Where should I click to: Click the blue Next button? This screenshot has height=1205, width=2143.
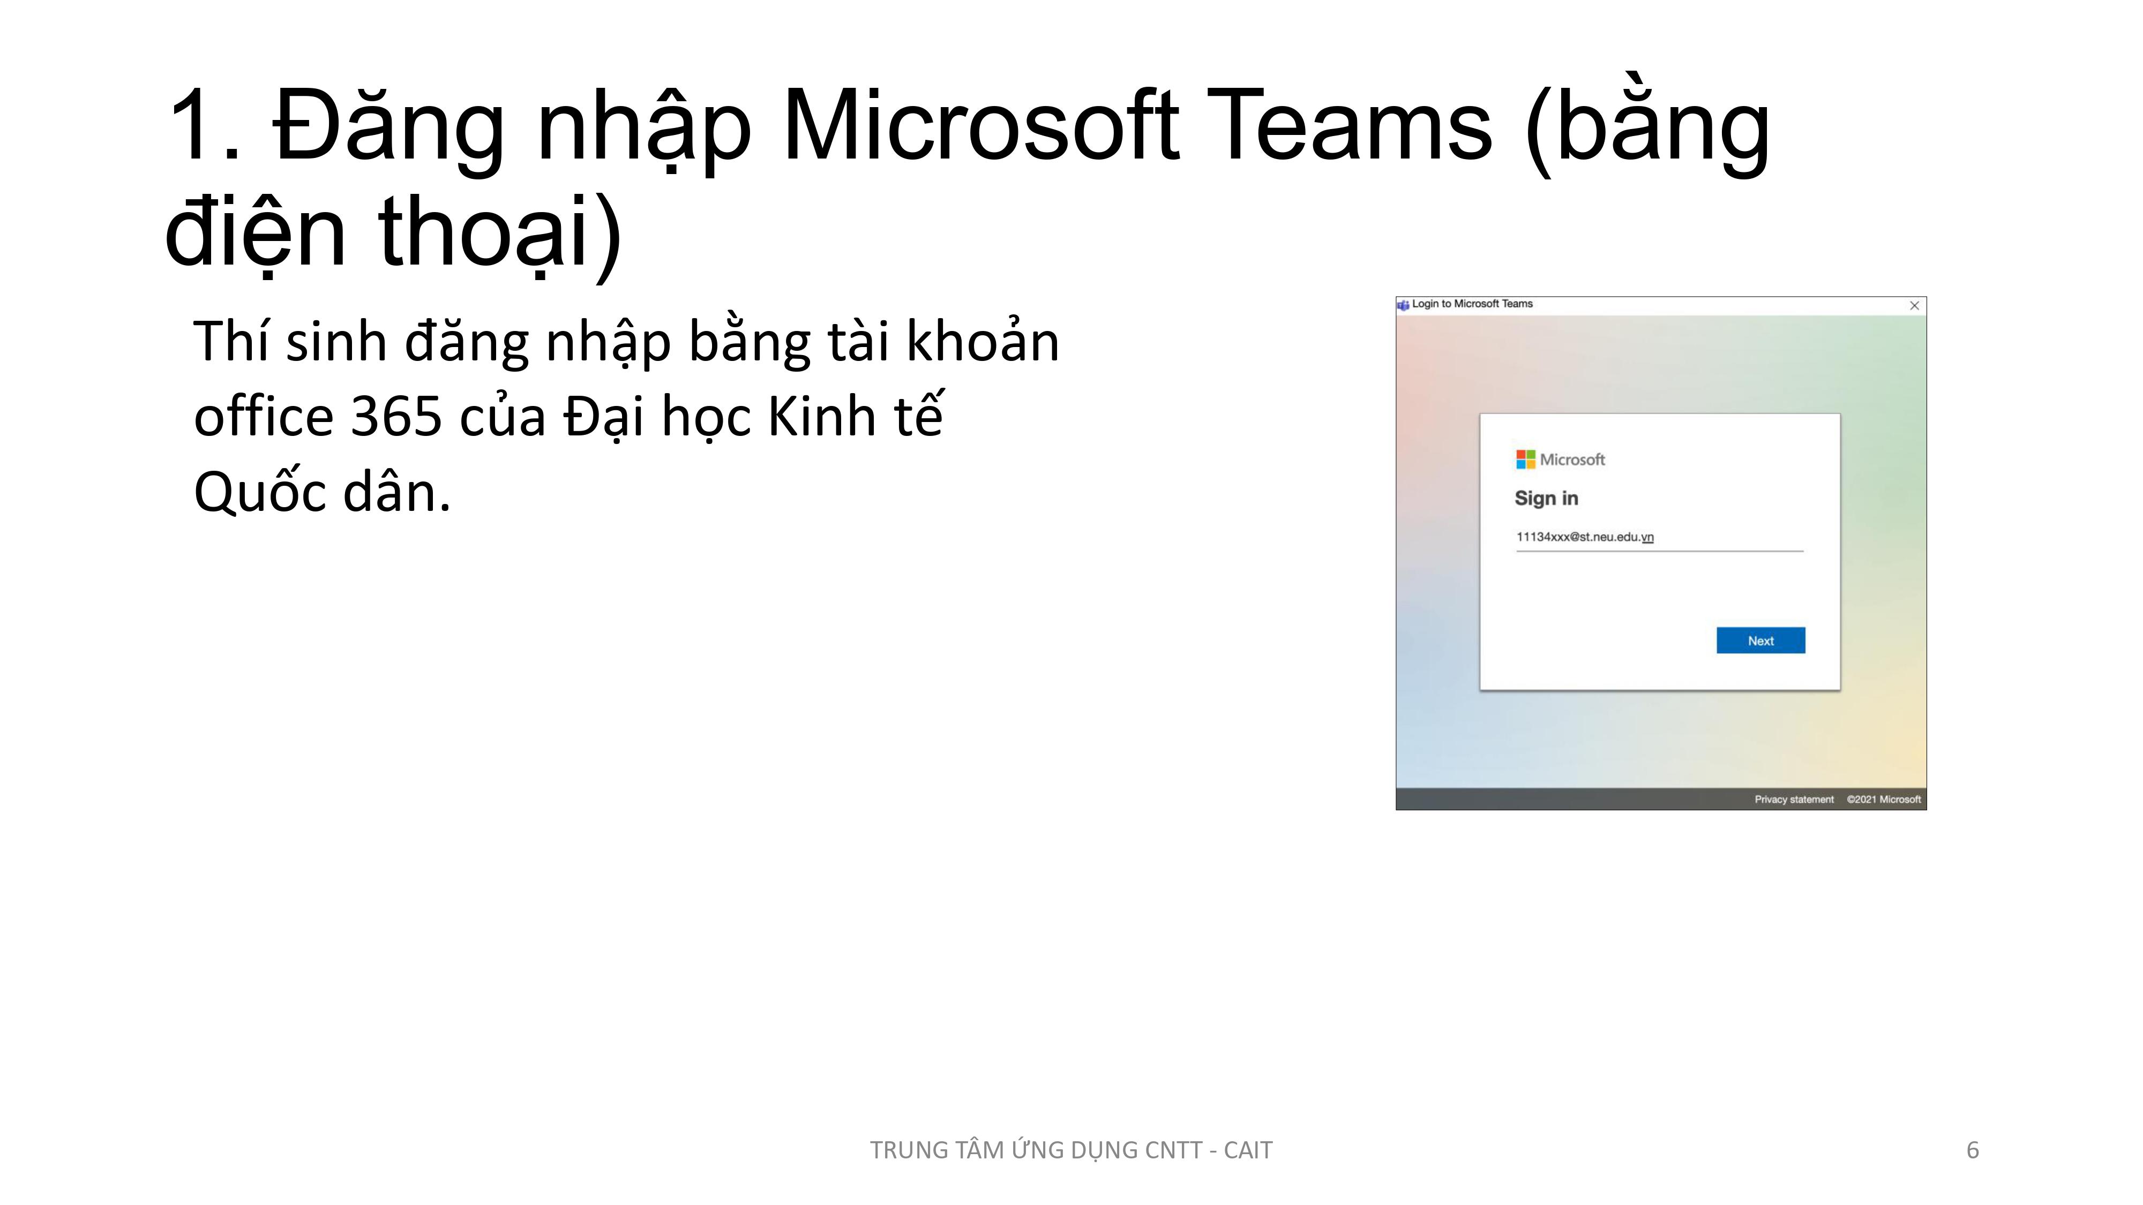point(1760,641)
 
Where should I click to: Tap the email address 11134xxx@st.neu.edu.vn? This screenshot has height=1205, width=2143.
point(1585,537)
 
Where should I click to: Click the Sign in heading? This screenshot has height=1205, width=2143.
point(1546,498)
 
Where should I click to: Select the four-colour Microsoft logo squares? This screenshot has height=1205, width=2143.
point(1525,459)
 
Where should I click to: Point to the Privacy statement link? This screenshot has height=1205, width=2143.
point(1794,799)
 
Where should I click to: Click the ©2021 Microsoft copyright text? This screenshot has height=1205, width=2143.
point(1884,799)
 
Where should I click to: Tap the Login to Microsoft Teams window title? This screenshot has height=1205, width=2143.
point(1472,304)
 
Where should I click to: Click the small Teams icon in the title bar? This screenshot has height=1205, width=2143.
point(1404,304)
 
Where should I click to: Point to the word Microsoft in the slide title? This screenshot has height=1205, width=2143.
point(981,126)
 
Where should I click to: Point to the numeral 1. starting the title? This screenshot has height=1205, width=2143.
point(205,126)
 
